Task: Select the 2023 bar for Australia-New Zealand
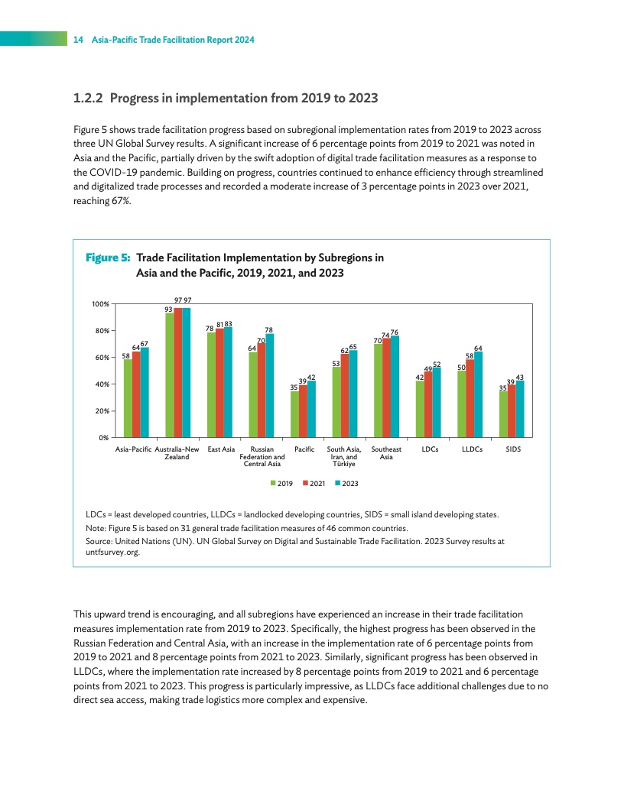pyautogui.click(x=186, y=372)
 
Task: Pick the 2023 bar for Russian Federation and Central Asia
pyautogui.click(x=269, y=385)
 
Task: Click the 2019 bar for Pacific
pyautogui.click(x=294, y=414)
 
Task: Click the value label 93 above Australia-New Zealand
pyautogui.click(x=169, y=309)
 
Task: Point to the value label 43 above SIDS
pyautogui.click(x=520, y=377)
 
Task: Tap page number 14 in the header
pyautogui.click(x=77, y=40)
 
